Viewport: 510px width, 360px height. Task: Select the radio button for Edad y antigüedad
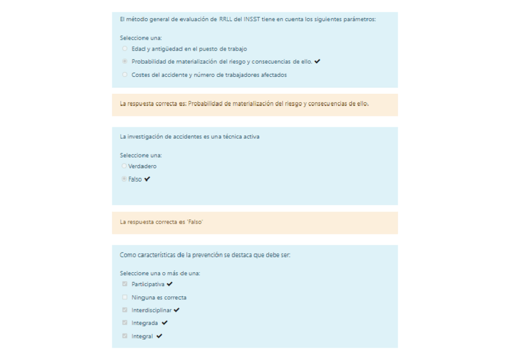(x=124, y=49)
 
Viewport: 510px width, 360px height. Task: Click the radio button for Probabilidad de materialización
(x=124, y=61)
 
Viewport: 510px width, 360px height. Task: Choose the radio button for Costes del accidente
(x=124, y=75)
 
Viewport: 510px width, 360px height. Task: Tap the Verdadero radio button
(x=124, y=166)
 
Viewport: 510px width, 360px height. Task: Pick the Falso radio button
(x=124, y=179)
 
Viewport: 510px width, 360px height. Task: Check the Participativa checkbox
(x=124, y=284)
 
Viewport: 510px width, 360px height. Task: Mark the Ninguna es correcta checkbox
(x=124, y=297)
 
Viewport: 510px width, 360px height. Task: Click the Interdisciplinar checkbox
(x=124, y=310)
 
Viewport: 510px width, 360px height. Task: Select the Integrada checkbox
(x=124, y=323)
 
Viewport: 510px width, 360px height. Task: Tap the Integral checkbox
(x=124, y=336)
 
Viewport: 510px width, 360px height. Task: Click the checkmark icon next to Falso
(x=147, y=179)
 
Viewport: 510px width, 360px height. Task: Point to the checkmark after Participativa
(x=170, y=284)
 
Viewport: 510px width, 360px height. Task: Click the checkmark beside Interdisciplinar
(x=177, y=310)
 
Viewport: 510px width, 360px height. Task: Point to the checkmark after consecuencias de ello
(x=317, y=61)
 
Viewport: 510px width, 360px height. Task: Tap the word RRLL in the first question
(x=226, y=19)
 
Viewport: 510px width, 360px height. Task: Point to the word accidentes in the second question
(x=187, y=136)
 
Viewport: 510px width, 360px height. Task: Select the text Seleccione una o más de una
(x=159, y=273)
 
